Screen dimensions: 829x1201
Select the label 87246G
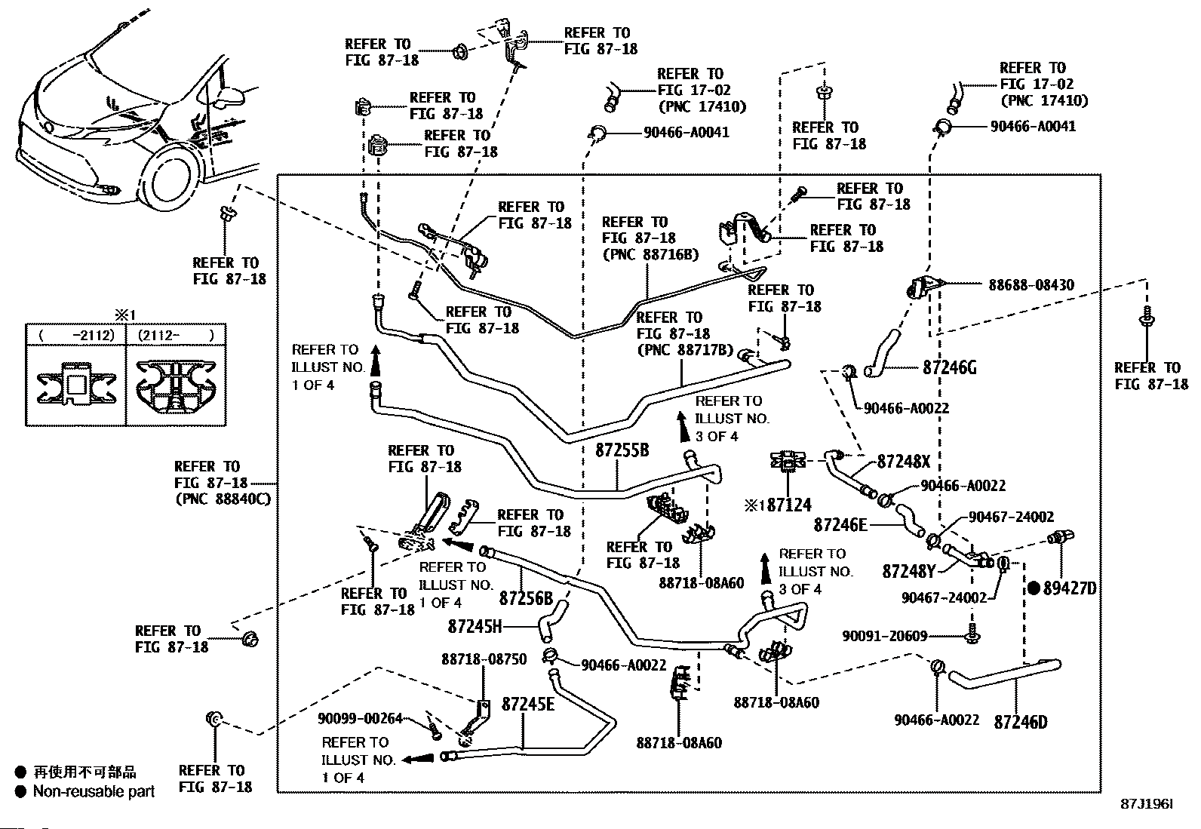click(x=950, y=368)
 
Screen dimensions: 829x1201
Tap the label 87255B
click(x=622, y=450)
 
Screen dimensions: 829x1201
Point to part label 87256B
click(x=526, y=598)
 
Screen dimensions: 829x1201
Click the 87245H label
click(x=475, y=625)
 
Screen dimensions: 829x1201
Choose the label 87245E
click(x=528, y=705)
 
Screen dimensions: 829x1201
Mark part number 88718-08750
click(x=484, y=659)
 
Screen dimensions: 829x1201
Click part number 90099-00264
click(x=360, y=719)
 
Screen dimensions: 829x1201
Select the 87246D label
click(x=1021, y=722)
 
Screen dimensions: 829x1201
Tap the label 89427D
click(x=1069, y=588)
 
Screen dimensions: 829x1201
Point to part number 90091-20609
click(x=884, y=636)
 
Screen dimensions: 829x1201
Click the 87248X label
click(x=904, y=462)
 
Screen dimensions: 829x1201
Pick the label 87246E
click(x=840, y=523)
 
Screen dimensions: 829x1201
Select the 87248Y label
click(x=908, y=572)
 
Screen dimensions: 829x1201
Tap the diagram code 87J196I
click(x=1147, y=805)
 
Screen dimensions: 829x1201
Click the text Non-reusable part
click(x=94, y=791)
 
